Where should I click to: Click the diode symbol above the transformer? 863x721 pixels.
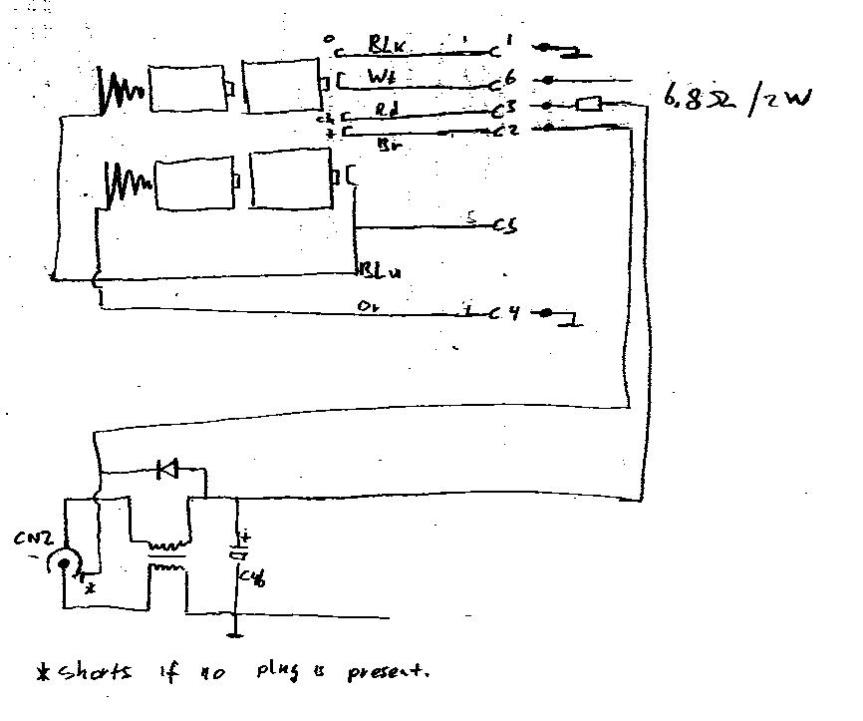pos(166,468)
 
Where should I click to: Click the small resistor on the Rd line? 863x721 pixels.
pos(588,103)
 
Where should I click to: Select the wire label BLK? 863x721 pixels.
pos(386,44)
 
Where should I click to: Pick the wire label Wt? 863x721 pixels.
pos(382,75)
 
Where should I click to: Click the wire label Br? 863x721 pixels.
pos(390,144)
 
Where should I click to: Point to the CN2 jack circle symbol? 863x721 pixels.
pos(67,565)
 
